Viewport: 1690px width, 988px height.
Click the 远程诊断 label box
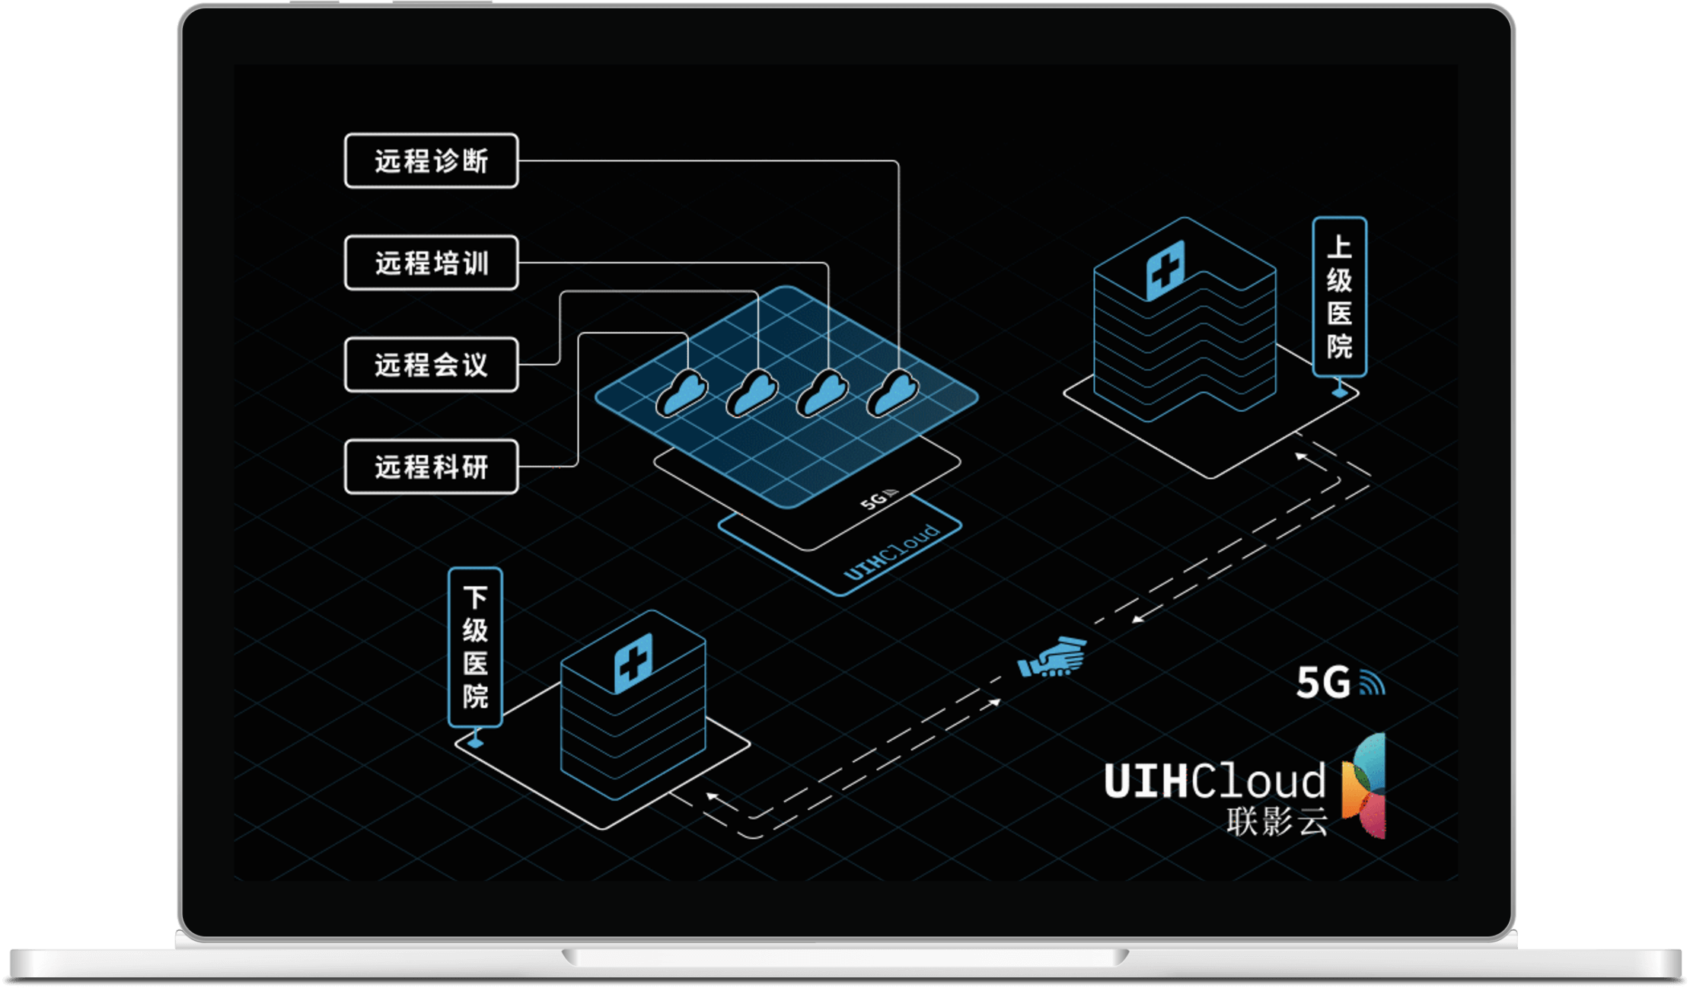431,161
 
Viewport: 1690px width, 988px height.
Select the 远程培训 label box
431,263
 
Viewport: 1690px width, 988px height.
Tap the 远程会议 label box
431,365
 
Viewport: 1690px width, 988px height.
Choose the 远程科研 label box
431,467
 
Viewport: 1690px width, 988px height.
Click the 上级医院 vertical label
1339,296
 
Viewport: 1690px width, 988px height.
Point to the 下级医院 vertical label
475,647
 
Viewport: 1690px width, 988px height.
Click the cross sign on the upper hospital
1165,269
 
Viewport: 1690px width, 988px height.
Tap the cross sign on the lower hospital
633,663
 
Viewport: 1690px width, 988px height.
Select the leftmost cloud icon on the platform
682,394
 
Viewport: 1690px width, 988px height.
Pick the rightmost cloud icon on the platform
893,394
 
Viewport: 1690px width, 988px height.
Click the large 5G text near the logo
1323,682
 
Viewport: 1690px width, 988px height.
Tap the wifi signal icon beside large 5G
1372,684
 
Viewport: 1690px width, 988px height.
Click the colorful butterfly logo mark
1364,786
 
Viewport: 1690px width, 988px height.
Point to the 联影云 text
1277,822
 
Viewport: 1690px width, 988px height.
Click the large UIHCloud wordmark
1214,781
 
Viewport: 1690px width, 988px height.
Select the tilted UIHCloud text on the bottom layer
891,552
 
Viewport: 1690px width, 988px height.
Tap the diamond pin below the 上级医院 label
1340,391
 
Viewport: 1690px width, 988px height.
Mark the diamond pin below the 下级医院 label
476,740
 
